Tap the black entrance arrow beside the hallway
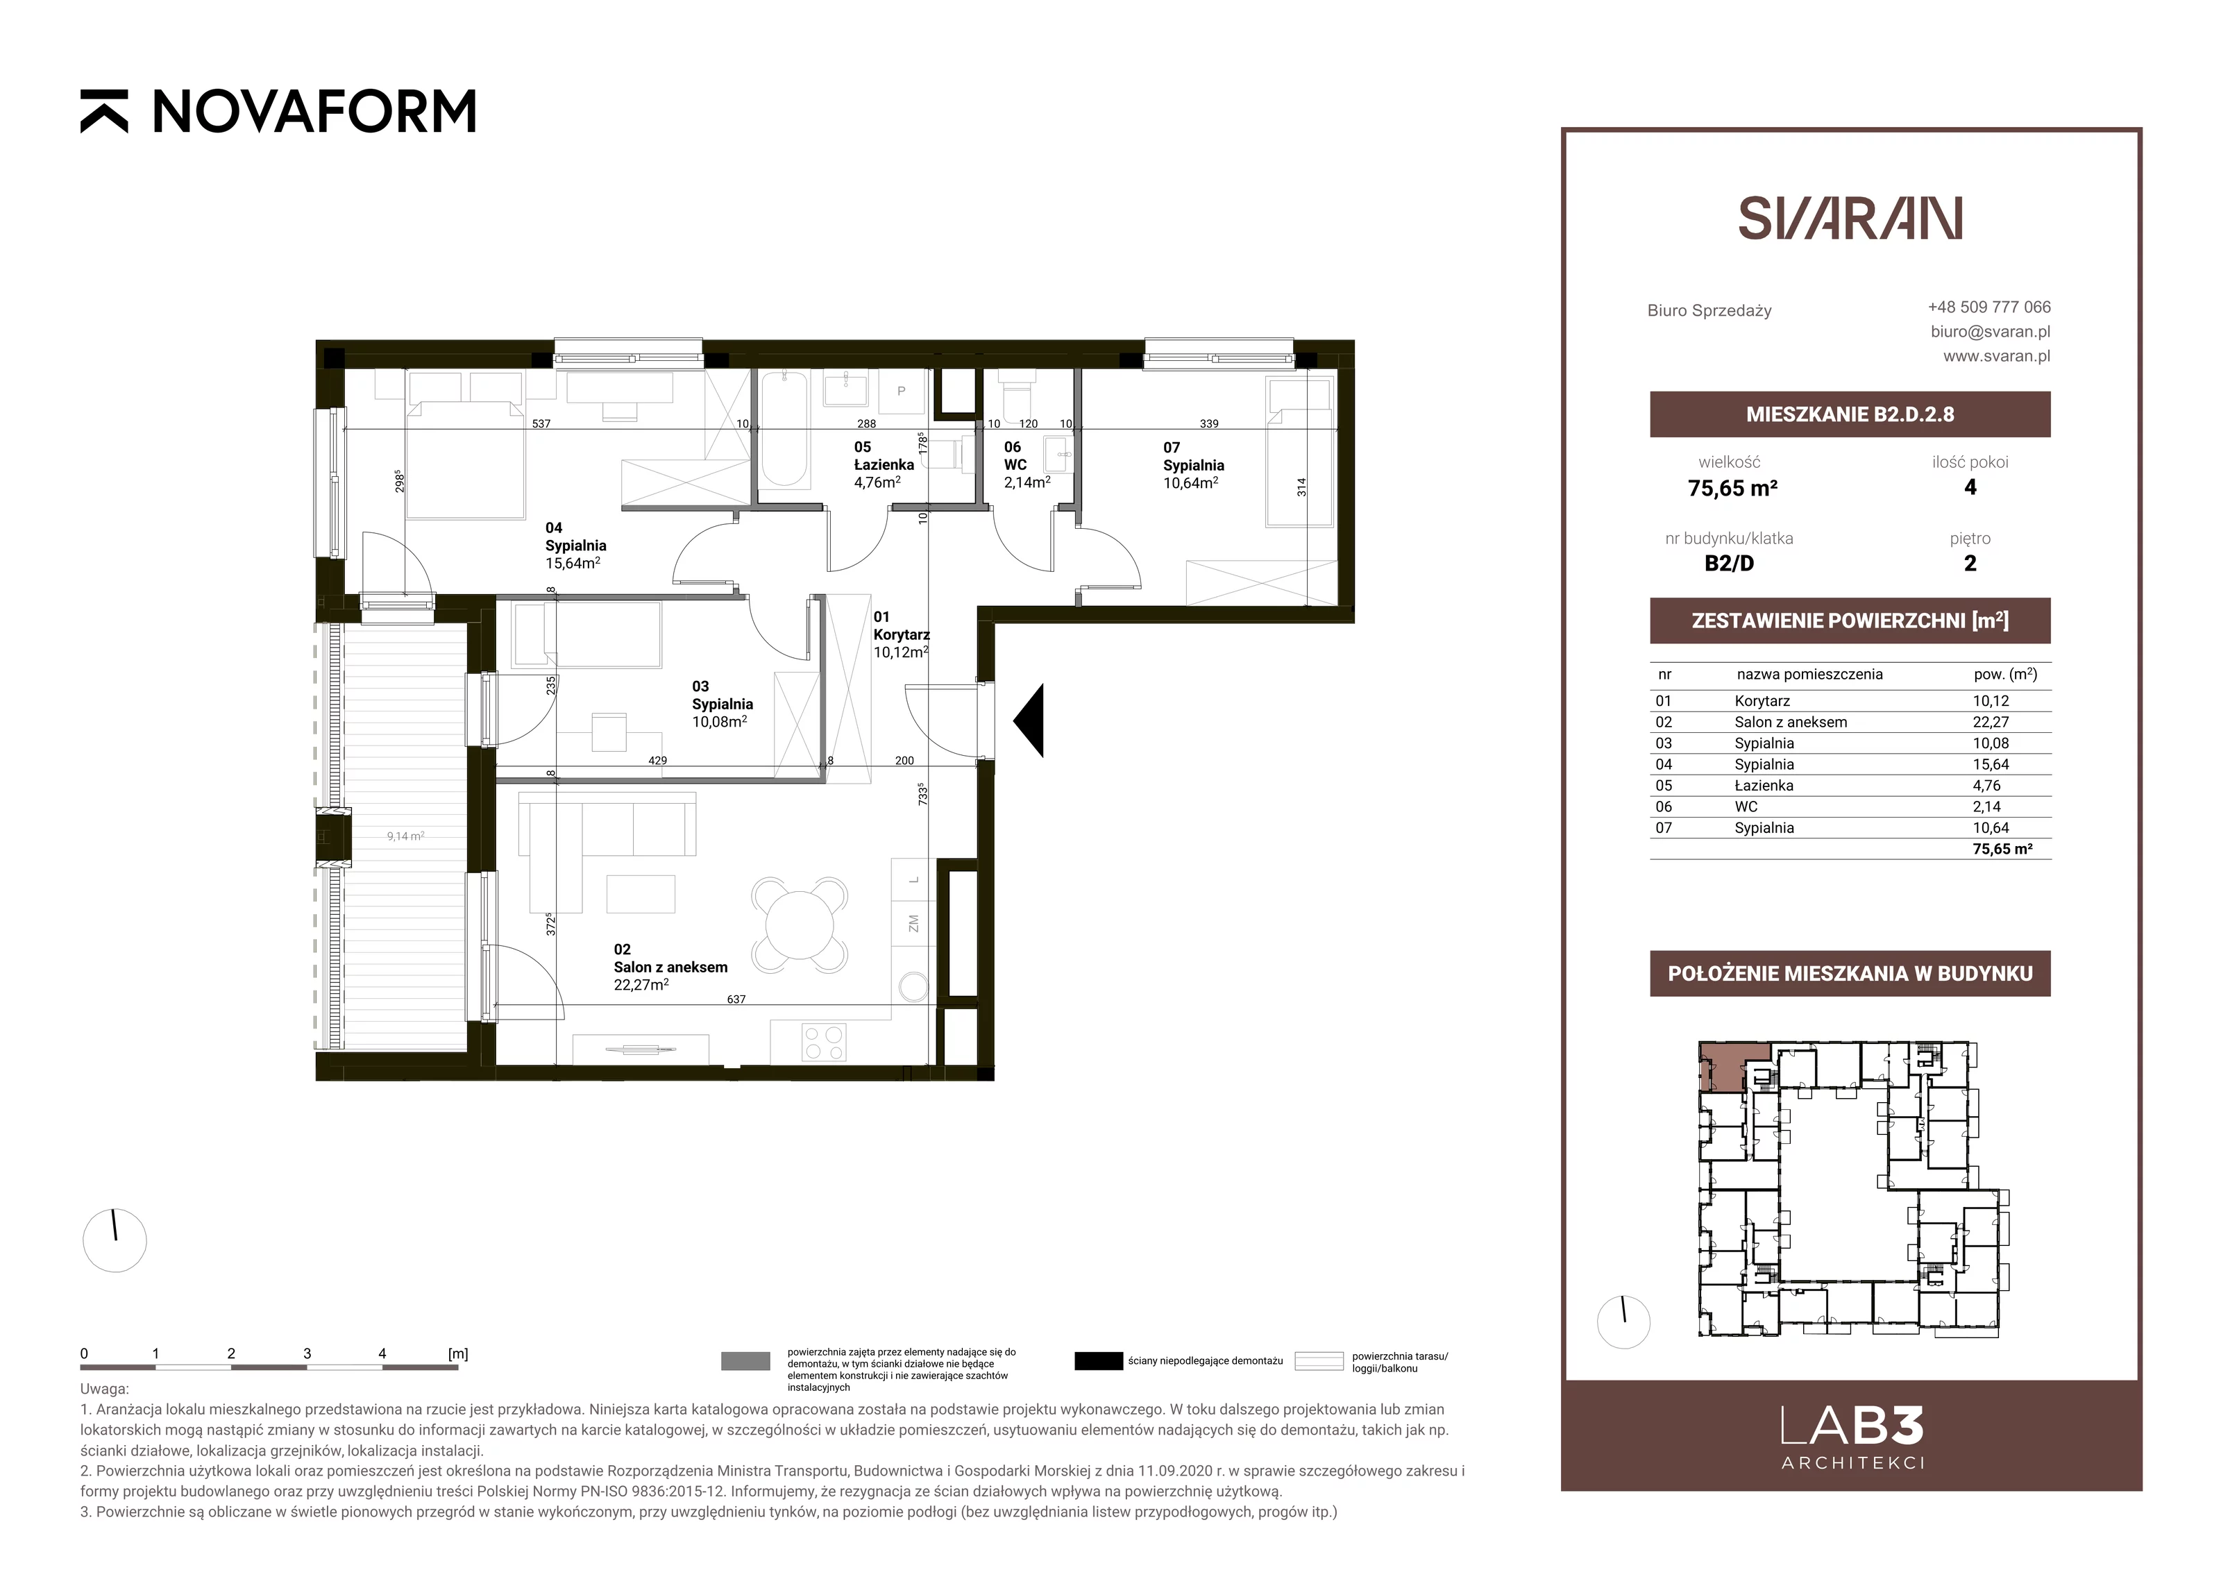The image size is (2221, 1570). point(1029,720)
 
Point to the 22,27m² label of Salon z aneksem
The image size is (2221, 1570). point(641,985)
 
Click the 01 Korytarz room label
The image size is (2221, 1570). point(901,634)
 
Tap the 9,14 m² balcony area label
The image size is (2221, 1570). point(405,836)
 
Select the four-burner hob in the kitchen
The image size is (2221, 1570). point(823,1042)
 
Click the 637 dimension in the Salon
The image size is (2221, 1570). point(736,999)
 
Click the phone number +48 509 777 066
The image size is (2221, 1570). point(1989,307)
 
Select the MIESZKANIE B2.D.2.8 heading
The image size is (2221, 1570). point(1850,414)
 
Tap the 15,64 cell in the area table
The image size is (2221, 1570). point(1991,764)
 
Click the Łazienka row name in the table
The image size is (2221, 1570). point(1764,786)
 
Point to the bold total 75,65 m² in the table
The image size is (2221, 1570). point(2002,848)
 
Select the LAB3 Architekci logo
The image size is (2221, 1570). point(1852,1437)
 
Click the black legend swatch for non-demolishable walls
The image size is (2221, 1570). point(1098,1361)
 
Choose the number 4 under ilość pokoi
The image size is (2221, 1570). point(1970,487)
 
